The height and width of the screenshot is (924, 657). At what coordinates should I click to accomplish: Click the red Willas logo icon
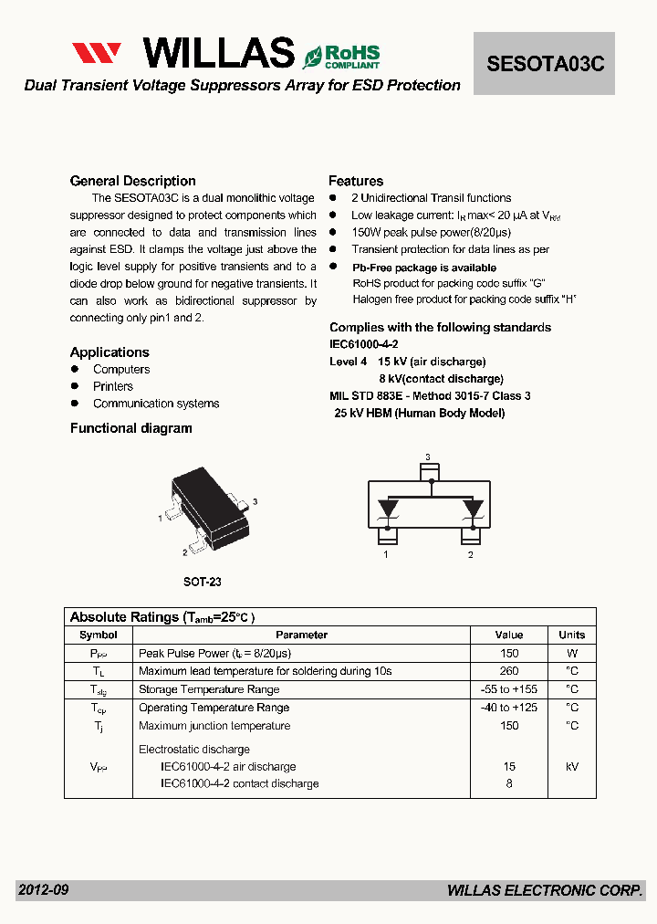(97, 55)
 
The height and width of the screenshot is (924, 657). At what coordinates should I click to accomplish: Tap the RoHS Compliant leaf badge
(341, 56)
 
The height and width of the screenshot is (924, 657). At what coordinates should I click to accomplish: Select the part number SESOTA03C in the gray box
(545, 64)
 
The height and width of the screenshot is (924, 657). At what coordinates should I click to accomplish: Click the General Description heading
(132, 181)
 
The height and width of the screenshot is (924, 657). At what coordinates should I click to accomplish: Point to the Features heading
(356, 181)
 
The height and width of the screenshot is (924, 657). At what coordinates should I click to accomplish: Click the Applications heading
(109, 352)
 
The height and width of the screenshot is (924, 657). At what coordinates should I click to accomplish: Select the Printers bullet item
(113, 386)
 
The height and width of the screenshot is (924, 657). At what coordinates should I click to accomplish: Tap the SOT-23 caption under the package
(203, 582)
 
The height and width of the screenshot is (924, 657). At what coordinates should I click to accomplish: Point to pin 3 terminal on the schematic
(427, 471)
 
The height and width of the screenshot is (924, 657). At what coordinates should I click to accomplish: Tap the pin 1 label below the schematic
(386, 554)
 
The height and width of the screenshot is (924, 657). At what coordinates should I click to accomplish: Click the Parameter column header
(301, 635)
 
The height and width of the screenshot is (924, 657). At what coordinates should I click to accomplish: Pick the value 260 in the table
(509, 671)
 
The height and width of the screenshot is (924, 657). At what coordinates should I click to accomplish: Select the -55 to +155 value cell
(509, 689)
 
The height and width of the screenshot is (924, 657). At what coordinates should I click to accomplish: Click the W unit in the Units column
(572, 653)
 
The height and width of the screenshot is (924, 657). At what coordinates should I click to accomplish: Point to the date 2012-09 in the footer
(43, 889)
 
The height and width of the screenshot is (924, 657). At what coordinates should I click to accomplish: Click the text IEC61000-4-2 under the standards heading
(363, 344)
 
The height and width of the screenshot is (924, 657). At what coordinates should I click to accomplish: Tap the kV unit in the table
(572, 767)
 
